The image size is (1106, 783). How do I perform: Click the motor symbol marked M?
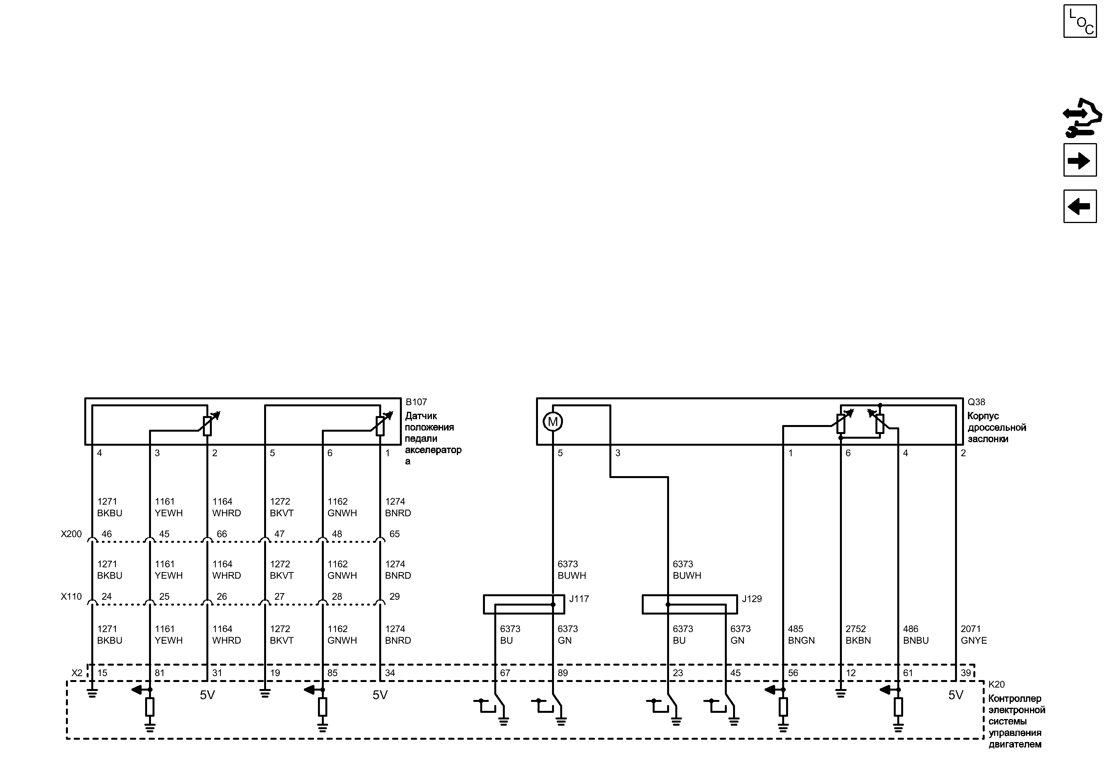(x=553, y=422)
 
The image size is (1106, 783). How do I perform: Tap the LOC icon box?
(x=1080, y=21)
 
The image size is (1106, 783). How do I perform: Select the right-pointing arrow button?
(x=1080, y=160)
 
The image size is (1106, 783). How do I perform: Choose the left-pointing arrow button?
(x=1080, y=206)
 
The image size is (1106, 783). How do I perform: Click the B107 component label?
(x=416, y=402)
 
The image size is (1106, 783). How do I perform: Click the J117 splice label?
(x=579, y=599)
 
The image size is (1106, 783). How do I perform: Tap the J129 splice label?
(x=752, y=599)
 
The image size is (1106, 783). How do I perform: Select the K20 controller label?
(x=996, y=684)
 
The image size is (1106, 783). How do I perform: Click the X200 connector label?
(x=71, y=534)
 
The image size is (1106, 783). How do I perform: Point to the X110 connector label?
(x=71, y=596)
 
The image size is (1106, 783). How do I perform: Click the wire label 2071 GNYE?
(x=974, y=634)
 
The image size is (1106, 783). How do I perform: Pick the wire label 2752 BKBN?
(x=858, y=634)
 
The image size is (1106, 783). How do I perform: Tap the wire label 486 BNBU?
(x=916, y=634)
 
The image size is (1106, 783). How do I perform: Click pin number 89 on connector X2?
(x=563, y=673)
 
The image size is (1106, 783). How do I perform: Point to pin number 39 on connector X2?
(x=966, y=673)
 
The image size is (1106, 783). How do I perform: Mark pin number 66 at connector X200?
(x=222, y=534)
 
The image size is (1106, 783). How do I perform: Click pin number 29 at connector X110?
(x=394, y=596)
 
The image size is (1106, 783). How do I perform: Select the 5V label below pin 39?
(x=955, y=695)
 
